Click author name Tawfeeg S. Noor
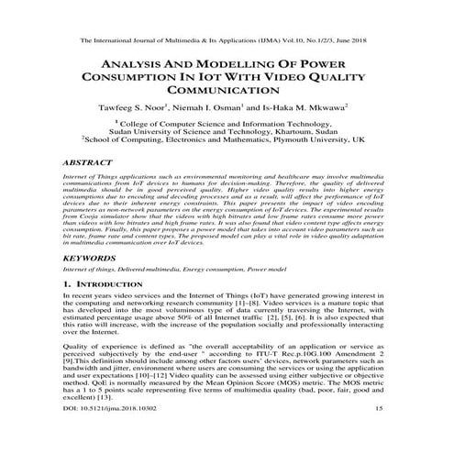pos(149,108)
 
